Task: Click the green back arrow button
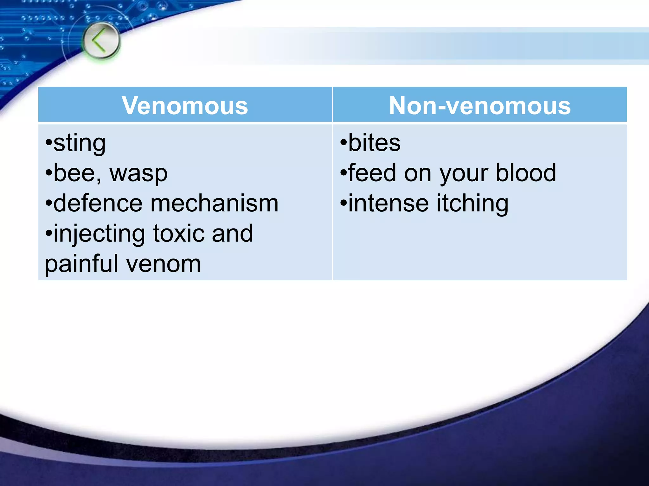tap(101, 41)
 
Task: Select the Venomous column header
tap(185, 106)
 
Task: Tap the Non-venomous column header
tap(479, 106)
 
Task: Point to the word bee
tap(74, 174)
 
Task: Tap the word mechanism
tap(215, 203)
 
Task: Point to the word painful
tap(81, 264)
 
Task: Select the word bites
tap(374, 143)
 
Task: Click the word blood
tap(526, 173)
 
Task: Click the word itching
tap(472, 203)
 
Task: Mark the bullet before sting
tap(48, 142)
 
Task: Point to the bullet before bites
tap(344, 142)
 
